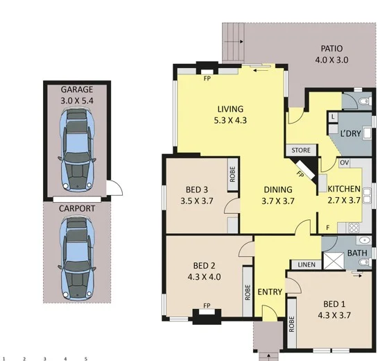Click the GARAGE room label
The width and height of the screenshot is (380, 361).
tap(77, 90)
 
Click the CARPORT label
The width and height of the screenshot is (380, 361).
tap(77, 208)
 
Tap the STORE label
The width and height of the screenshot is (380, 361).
tap(300, 149)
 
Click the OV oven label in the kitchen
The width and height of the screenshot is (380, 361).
tap(343, 162)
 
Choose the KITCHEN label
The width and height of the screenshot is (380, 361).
tap(345, 189)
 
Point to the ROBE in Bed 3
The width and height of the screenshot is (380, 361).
tap(234, 174)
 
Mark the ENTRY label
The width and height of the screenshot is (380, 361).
tap(270, 292)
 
